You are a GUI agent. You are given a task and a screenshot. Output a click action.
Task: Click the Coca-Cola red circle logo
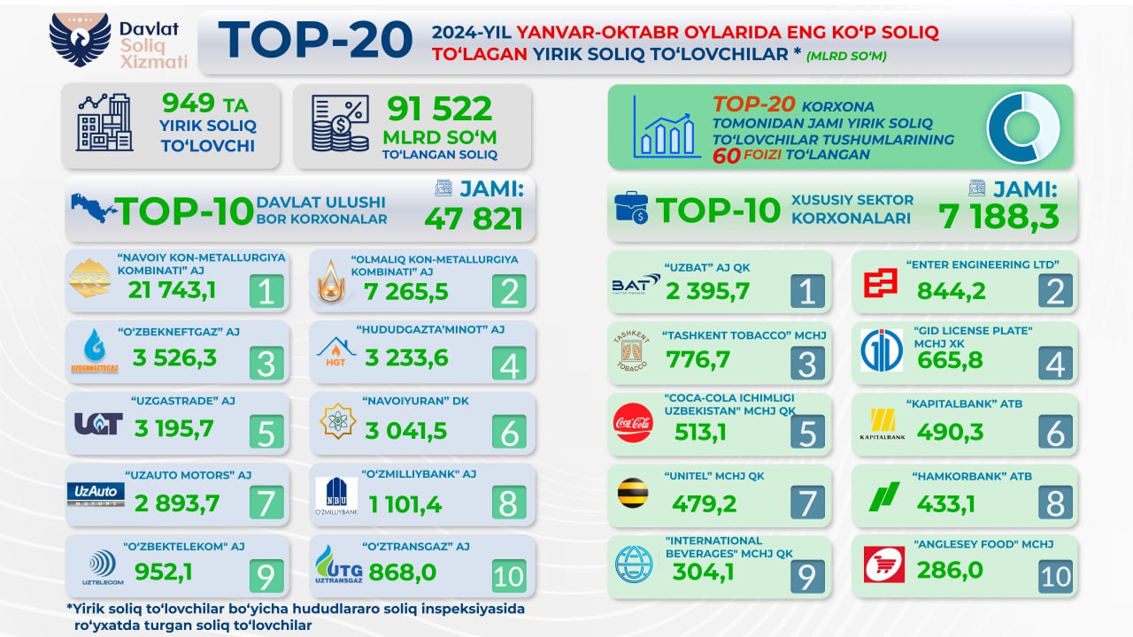633,423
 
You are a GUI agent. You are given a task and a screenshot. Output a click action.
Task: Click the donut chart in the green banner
1022,127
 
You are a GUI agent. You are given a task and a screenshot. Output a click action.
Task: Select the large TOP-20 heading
315,41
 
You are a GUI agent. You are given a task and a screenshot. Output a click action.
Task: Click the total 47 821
474,219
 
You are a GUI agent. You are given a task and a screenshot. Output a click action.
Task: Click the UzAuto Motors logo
96,494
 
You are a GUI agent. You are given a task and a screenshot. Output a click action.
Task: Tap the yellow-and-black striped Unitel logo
632,494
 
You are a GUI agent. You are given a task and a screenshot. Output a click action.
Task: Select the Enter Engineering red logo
882,283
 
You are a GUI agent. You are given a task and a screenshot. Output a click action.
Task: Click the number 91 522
439,110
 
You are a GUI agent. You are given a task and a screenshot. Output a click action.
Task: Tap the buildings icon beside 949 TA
104,124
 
